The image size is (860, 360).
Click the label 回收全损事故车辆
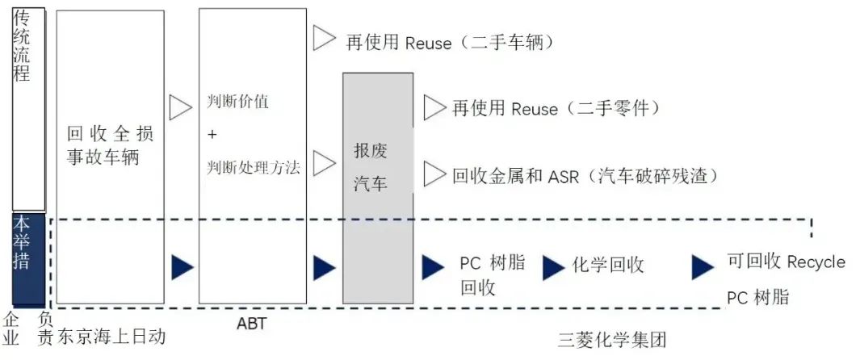pyautogui.click(x=110, y=144)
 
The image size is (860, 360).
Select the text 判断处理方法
pyautogui.click(x=253, y=168)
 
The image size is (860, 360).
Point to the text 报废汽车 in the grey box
pyautogui.click(x=371, y=167)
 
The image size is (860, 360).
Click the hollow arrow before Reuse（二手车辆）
pyautogui.click(x=324, y=37)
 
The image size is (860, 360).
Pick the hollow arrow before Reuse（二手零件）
pyautogui.click(x=434, y=107)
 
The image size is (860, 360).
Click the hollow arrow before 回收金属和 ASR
pyautogui.click(x=434, y=173)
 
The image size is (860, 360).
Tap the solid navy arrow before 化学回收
pyautogui.click(x=553, y=266)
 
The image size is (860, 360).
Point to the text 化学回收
pyautogui.click(x=607, y=265)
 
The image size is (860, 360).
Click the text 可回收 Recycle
pyautogui.click(x=786, y=262)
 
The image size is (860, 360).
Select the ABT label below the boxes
pyautogui.click(x=252, y=324)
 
